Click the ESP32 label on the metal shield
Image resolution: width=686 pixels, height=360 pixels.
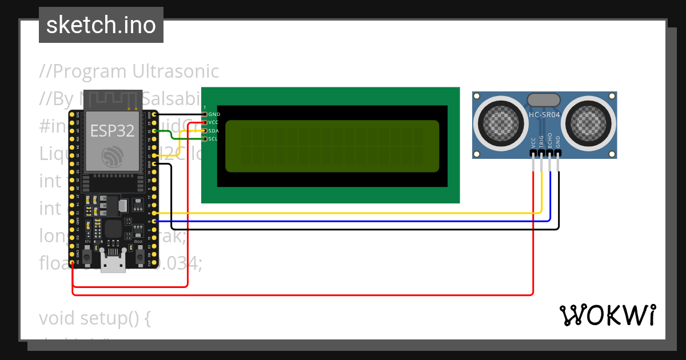112,131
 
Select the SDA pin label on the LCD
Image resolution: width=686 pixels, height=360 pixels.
213,131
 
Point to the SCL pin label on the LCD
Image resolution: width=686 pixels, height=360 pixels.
213,139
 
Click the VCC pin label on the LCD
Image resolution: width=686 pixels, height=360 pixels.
213,122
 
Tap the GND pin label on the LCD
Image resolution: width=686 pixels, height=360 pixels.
214,114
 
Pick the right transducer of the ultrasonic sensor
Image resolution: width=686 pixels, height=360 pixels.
589,120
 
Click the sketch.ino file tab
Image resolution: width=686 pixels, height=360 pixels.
101,25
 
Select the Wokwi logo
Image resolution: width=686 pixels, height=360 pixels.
607,315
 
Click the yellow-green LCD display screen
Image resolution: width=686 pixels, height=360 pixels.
332,146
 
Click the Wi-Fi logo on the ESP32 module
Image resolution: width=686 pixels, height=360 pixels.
112,157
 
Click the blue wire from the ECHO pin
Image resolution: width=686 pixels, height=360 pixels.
343,221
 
